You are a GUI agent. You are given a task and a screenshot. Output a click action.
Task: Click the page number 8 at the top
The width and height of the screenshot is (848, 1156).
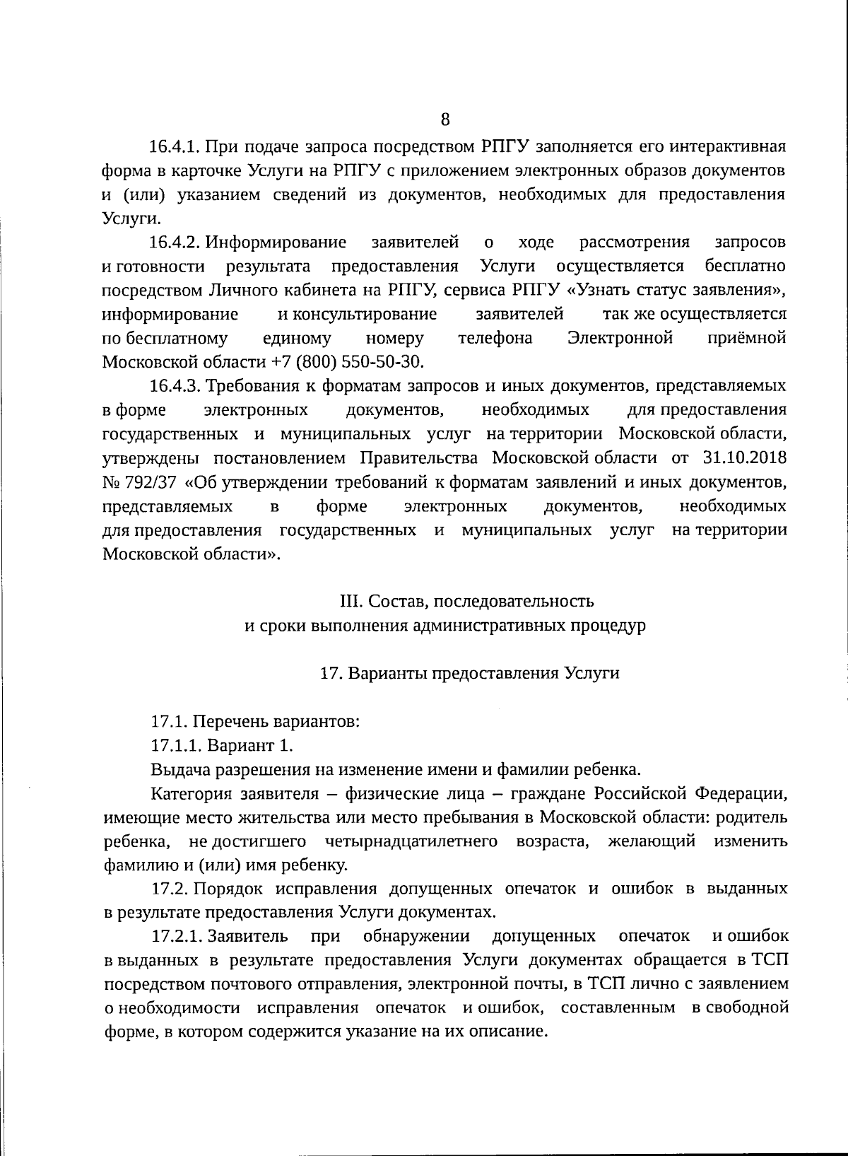(x=444, y=119)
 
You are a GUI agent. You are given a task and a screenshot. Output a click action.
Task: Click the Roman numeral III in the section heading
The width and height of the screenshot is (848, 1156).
(x=351, y=602)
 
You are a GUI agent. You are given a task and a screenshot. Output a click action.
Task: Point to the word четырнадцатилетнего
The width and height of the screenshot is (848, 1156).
(x=412, y=841)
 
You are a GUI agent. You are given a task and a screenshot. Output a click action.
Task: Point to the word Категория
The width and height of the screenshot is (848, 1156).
(x=188, y=794)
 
